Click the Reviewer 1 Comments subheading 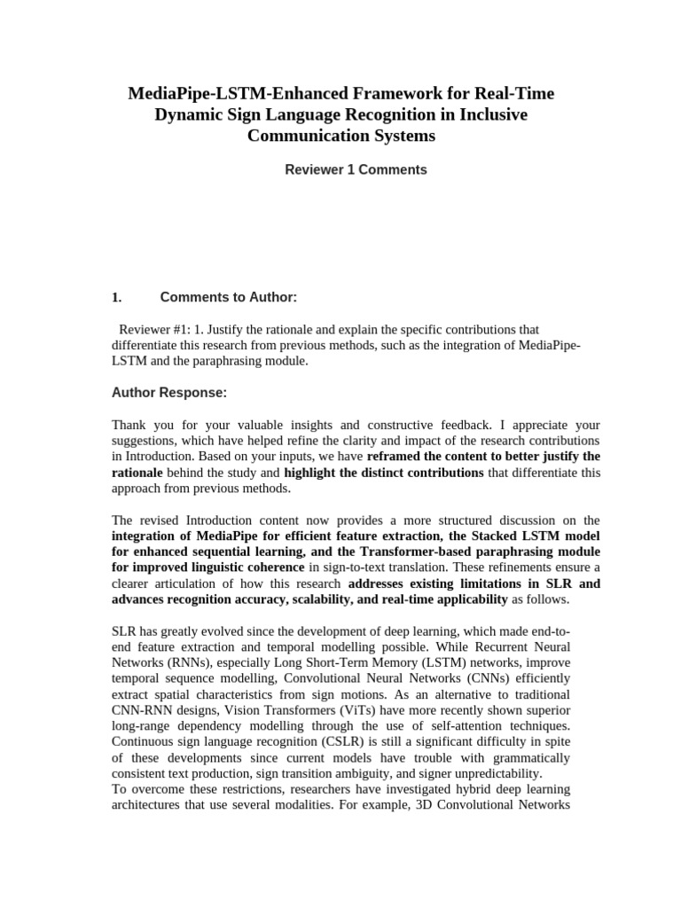tap(355, 169)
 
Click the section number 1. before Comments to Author tap(116, 297)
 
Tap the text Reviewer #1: tap(152, 329)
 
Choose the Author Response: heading tap(168, 392)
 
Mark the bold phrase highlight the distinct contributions tap(384, 473)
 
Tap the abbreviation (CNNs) tap(500, 678)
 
